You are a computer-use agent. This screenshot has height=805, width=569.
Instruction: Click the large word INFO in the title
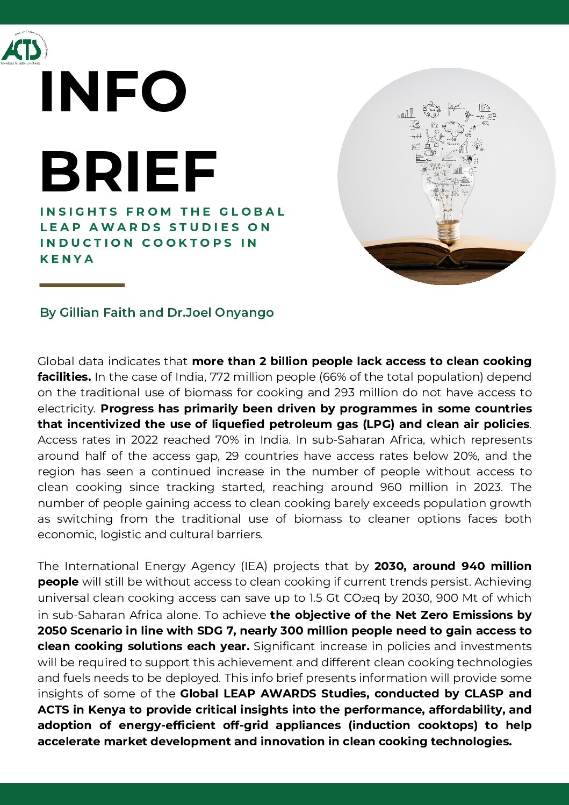pyautogui.click(x=113, y=92)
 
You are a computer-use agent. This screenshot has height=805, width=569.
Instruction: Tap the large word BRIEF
pyautogui.click(x=128, y=172)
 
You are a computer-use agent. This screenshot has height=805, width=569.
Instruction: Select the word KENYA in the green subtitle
pyautogui.click(x=67, y=259)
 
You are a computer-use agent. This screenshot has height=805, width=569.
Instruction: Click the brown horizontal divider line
pyautogui.click(x=82, y=285)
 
